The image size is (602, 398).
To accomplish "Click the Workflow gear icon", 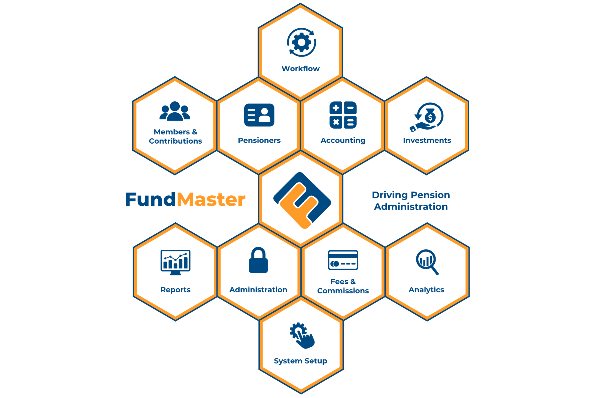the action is [x=301, y=42].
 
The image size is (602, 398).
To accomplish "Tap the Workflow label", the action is [x=300, y=69].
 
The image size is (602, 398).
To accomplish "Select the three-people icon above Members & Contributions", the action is [x=175, y=111].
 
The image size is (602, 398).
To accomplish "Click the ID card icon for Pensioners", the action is [x=259, y=115].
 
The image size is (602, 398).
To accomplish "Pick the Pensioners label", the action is [x=259, y=140].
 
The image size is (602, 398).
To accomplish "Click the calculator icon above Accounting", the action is [x=343, y=115].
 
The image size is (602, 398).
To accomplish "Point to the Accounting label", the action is [x=343, y=141].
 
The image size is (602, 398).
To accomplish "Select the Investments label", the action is [x=427, y=140].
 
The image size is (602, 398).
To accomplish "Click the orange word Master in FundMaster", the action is [x=211, y=200].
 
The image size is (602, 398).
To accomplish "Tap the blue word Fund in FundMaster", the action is [x=151, y=200].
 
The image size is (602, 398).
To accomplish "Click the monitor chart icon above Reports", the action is [x=175, y=262].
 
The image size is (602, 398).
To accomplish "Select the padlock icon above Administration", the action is [x=258, y=260].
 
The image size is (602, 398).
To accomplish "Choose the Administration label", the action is [x=258, y=290].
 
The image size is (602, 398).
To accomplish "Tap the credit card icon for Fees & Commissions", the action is [x=343, y=260].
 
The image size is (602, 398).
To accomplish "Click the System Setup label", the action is [x=300, y=361].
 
